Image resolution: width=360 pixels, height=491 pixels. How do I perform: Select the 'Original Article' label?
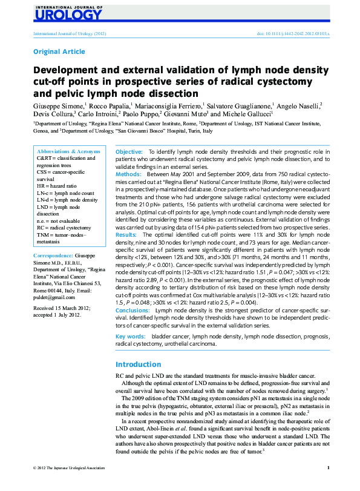(x=59, y=52)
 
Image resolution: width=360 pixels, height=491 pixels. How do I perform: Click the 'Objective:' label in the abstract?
(x=129, y=151)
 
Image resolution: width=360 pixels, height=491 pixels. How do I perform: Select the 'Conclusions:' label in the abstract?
(x=133, y=310)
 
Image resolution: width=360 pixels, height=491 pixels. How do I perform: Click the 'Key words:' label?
(x=130, y=335)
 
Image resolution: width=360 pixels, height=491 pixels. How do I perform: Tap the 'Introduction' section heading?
(x=138, y=364)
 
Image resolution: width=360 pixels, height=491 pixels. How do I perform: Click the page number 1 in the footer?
(x=327, y=484)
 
